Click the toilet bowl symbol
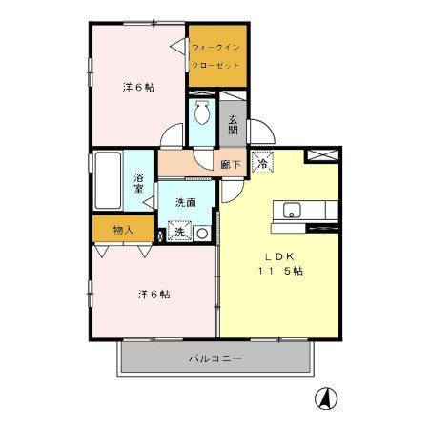(x=202, y=112)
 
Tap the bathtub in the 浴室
(x=108, y=180)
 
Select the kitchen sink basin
(x=292, y=211)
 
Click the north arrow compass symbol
(x=326, y=399)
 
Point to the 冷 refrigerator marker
(x=262, y=162)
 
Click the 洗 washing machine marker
(x=179, y=232)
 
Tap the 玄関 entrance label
(x=233, y=124)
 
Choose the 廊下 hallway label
(x=231, y=165)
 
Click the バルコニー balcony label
(x=215, y=359)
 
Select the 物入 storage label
(x=123, y=230)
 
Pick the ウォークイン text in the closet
(x=215, y=48)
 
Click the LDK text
(x=279, y=256)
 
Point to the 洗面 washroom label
(x=186, y=202)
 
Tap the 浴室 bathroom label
(x=138, y=182)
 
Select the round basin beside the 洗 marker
(x=202, y=234)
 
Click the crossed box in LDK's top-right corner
(x=321, y=155)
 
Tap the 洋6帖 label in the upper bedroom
(x=139, y=87)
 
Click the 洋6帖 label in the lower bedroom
(x=154, y=295)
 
